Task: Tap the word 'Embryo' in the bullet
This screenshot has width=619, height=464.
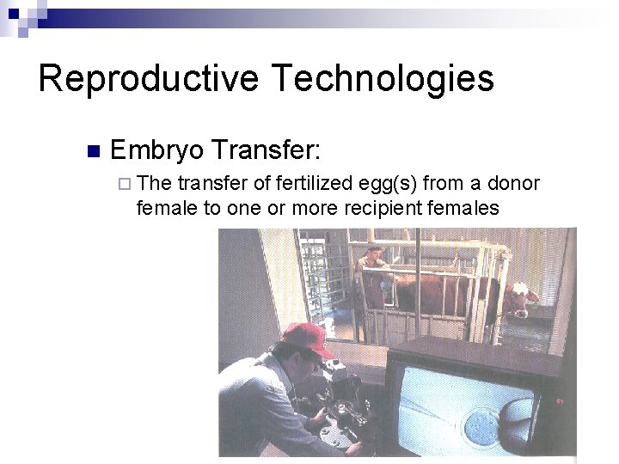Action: [x=156, y=150]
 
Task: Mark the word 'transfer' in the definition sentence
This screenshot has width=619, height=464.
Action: [x=208, y=183]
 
